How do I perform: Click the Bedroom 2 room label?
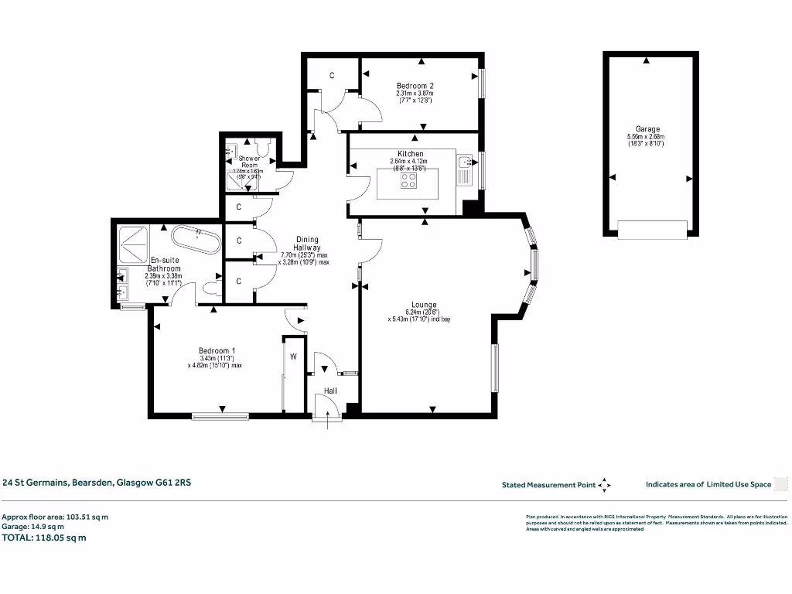coord(414,86)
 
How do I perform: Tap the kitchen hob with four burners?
coord(408,181)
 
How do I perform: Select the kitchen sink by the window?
coord(465,162)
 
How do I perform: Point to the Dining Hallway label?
coord(307,240)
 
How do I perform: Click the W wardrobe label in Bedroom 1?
coord(294,357)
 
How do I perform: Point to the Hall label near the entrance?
coord(330,391)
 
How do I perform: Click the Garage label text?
coord(648,129)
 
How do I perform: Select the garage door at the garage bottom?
coord(652,229)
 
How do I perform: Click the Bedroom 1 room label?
coord(207,350)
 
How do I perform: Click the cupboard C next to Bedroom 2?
coord(332,75)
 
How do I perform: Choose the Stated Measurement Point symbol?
coord(605,485)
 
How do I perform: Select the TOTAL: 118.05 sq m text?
coord(43,538)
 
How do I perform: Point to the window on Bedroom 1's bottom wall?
coord(221,416)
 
